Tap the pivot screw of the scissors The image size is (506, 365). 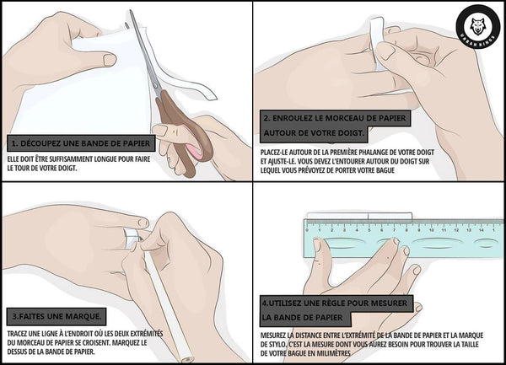pos(156,85)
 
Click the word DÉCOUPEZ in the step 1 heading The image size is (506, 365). pos(40,143)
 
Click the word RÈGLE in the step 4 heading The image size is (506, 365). pos(330,303)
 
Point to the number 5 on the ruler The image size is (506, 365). pos(369,230)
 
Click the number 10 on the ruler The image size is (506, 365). pos(432,230)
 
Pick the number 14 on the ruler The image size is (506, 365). pos(482,230)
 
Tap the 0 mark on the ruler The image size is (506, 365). pos(307,230)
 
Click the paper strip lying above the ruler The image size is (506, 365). pos(359,216)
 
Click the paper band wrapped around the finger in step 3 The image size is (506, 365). pos(131,238)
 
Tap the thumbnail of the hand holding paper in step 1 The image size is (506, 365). pos(110,60)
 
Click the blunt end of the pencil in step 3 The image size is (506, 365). pos(187,358)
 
